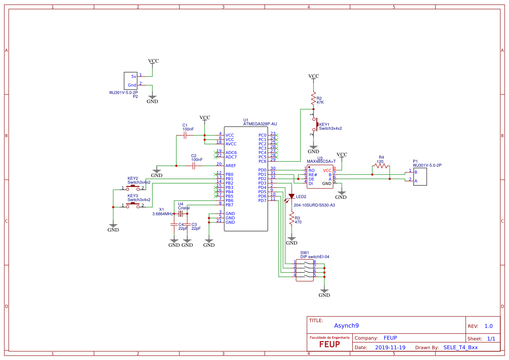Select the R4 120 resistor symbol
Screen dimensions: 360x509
click(x=381, y=166)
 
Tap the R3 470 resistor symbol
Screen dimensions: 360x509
click(x=292, y=219)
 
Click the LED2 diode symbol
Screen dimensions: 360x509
click(x=291, y=197)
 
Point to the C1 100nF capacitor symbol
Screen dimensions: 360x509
click(x=185, y=136)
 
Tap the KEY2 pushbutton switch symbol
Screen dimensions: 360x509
click(x=133, y=187)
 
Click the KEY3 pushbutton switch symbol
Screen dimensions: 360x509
click(x=133, y=205)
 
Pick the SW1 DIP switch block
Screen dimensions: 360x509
click(x=305, y=269)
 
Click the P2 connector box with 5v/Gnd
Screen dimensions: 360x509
click(x=131, y=80)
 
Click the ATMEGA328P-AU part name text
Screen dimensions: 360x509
click(x=260, y=124)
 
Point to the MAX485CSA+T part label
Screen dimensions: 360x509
click(x=321, y=161)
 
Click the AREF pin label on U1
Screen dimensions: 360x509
click(x=231, y=165)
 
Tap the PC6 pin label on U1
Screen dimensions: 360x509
click(x=262, y=161)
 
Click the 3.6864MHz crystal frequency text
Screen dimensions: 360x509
click(x=163, y=214)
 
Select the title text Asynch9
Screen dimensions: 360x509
click(x=347, y=326)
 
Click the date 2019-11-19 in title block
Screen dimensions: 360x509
click(x=390, y=347)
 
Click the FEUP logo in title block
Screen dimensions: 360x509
click(x=329, y=343)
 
